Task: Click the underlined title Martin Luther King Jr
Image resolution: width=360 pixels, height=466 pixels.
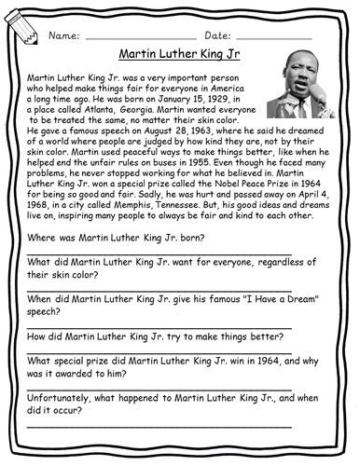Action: tap(180, 53)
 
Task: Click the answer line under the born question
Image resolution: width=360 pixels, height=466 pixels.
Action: tap(159, 254)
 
